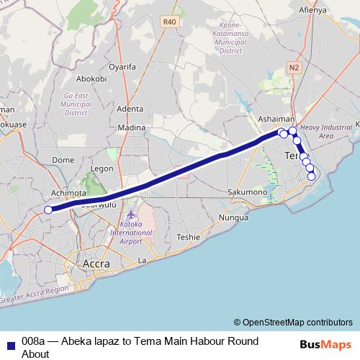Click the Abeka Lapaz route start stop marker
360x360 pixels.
click(x=48, y=210)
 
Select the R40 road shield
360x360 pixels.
click(x=170, y=22)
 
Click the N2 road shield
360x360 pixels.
click(x=293, y=67)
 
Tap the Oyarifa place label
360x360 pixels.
click(x=122, y=67)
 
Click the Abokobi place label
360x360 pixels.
click(x=91, y=79)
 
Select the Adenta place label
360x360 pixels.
click(x=130, y=109)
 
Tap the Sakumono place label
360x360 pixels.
click(x=247, y=193)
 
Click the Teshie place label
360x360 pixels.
click(x=188, y=237)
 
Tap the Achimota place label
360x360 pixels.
click(x=69, y=194)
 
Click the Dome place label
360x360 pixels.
click(x=64, y=160)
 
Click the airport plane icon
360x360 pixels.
click(x=130, y=215)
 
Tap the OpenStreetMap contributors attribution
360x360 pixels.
click(x=293, y=322)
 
